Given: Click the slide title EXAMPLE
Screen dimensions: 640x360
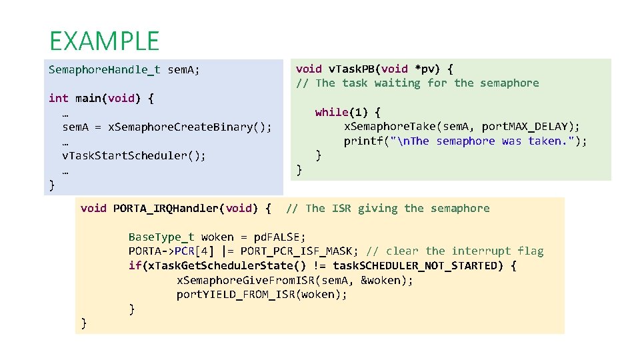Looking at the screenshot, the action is pos(104,41).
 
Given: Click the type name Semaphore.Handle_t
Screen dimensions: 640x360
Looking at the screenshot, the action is pos(105,69).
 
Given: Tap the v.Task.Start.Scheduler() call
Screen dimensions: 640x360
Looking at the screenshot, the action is pos(133,155).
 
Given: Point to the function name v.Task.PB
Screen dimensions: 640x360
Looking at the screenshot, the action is pos(360,69).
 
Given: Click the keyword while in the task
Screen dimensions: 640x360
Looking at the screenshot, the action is pos(332,112).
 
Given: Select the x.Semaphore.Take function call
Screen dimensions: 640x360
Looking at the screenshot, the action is pos(396,127).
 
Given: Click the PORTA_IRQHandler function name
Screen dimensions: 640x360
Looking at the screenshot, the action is pos(165,209).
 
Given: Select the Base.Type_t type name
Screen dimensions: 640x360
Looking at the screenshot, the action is pos(161,237).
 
